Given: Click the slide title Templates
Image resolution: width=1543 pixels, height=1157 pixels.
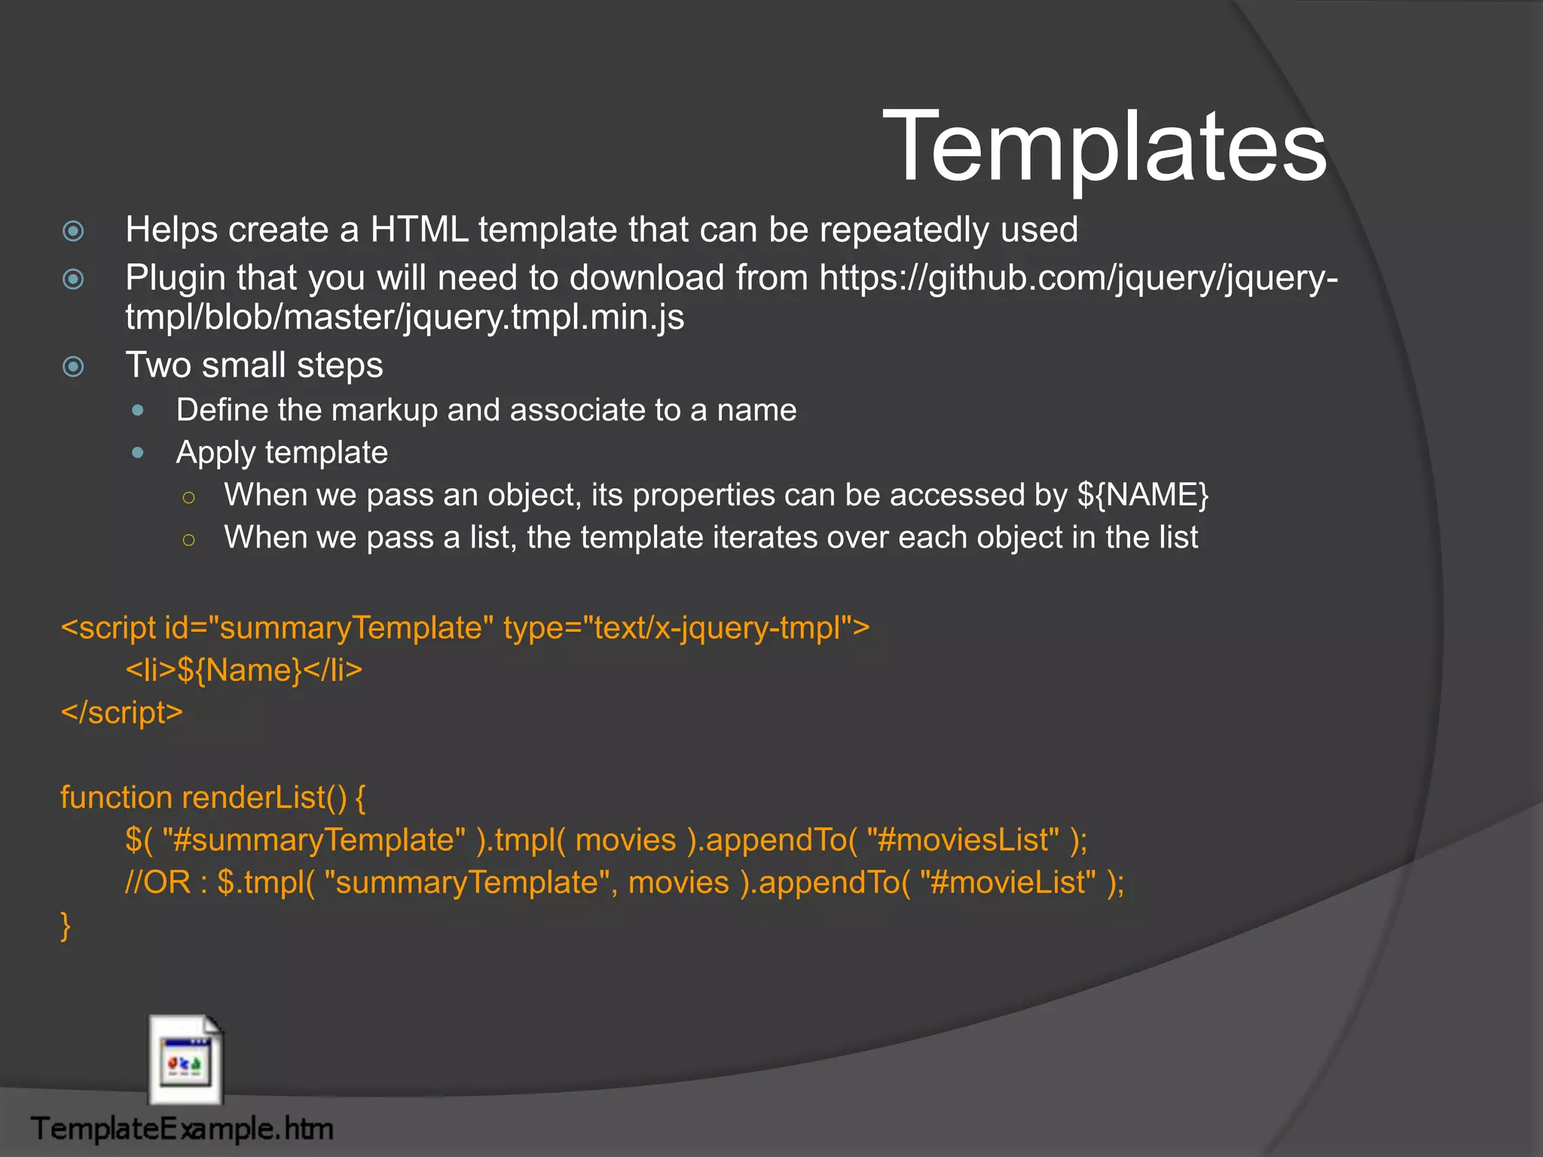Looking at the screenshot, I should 1104,145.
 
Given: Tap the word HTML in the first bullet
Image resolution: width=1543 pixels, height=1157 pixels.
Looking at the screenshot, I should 419,230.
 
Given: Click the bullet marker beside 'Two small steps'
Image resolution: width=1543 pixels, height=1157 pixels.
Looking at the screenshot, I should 73,367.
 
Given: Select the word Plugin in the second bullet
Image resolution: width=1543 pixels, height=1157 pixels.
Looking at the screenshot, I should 175,278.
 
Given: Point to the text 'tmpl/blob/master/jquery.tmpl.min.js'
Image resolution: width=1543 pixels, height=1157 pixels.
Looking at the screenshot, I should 405,317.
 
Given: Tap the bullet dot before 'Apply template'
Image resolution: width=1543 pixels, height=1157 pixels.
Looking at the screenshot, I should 138,453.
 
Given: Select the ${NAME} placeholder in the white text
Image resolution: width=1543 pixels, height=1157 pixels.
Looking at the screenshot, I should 1142,495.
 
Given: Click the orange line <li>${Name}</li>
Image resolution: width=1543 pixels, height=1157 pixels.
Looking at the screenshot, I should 243,670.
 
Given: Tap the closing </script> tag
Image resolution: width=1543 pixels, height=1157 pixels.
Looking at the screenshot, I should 122,713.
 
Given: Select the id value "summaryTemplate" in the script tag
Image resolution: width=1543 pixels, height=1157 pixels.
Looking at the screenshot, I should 351,627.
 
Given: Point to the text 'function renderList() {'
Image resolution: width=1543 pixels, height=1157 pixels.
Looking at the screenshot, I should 212,798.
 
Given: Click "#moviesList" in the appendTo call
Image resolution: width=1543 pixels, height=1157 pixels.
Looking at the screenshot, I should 963,840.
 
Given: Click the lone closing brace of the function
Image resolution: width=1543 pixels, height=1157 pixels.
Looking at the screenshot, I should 66,925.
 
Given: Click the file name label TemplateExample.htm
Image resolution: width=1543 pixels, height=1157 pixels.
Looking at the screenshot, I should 182,1129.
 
